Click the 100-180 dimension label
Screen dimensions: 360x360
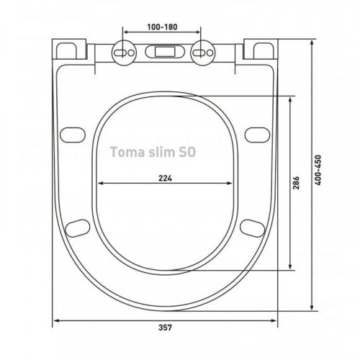162,27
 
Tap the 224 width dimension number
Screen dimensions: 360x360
165,179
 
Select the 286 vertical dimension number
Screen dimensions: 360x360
297,183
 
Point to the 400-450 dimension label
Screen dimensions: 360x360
318,170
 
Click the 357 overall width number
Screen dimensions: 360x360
165,328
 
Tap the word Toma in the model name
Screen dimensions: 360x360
124,152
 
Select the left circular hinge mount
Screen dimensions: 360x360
124,53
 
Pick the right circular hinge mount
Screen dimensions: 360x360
203,53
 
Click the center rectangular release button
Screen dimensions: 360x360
164,52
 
